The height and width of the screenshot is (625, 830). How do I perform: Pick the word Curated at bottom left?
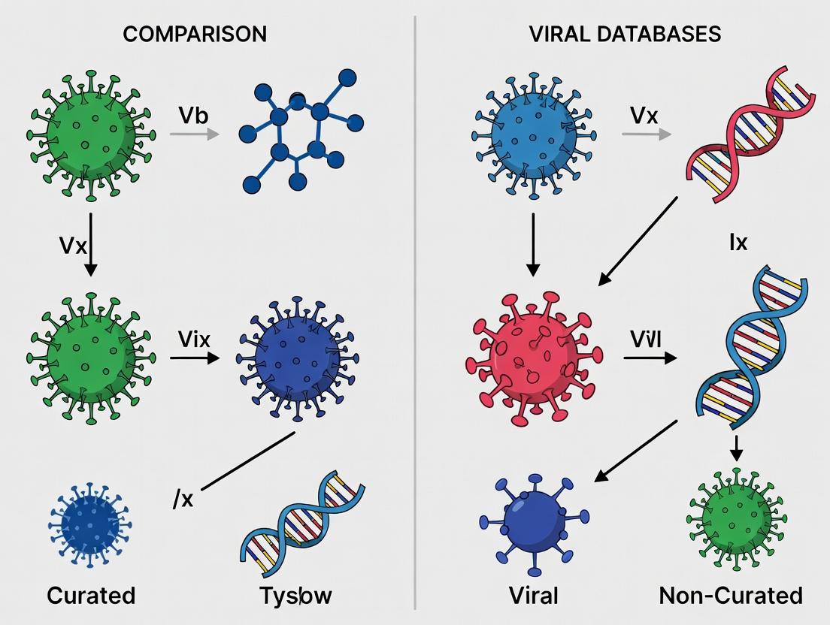tap(91, 596)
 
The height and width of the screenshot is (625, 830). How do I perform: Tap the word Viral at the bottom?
tap(533, 596)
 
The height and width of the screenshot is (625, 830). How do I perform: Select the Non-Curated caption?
tap(731, 596)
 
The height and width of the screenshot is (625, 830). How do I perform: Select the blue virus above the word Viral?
tap(534, 518)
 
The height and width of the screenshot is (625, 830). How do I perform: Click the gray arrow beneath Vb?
tap(194, 134)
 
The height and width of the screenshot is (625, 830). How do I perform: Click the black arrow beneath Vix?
tap(195, 358)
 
